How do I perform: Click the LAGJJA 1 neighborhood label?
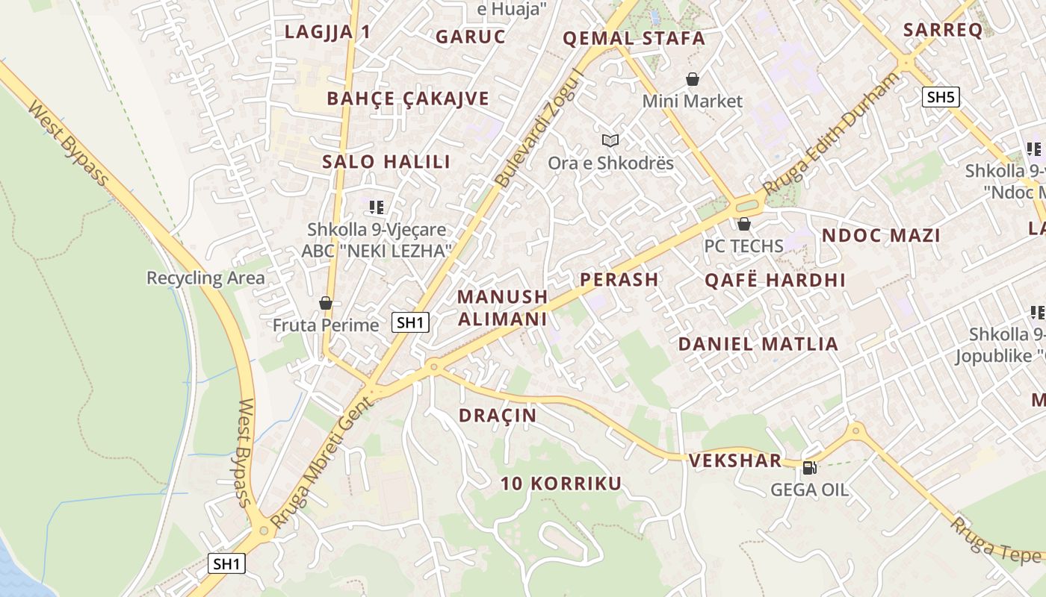point(327,31)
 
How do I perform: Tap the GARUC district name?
point(471,37)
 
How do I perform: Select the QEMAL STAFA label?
point(634,38)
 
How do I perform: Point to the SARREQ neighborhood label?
point(942,30)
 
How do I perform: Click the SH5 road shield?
point(940,97)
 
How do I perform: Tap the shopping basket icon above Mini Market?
point(693,79)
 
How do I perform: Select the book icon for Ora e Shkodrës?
point(610,140)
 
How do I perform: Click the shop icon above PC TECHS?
point(743,224)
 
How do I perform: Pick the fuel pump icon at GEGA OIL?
point(809,468)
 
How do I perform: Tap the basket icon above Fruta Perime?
point(325,303)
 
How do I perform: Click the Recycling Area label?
point(205,278)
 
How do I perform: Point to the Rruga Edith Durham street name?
point(832,134)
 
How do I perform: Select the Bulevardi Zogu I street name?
point(539,127)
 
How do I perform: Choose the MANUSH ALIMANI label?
point(502,307)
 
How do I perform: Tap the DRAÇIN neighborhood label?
point(498,416)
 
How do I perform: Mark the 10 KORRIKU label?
point(560,484)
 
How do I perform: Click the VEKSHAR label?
point(735,460)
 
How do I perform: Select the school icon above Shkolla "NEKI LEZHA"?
point(377,207)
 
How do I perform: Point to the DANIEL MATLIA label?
point(758,344)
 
